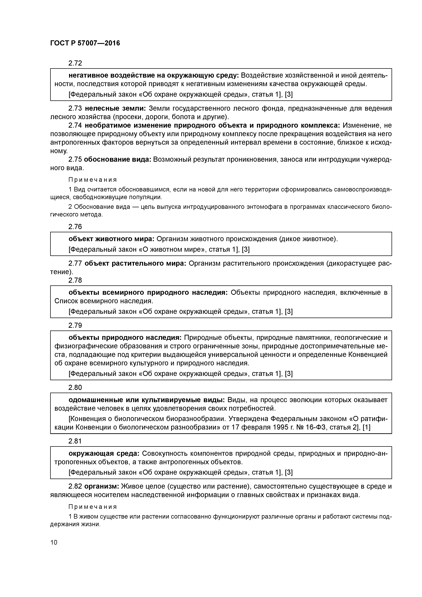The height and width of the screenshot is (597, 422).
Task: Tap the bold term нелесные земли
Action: [115, 108]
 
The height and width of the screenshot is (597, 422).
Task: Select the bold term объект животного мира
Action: [112, 239]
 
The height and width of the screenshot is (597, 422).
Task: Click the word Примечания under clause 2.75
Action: [93, 180]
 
